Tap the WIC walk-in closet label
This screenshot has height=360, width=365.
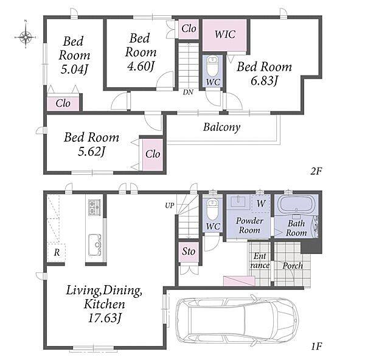click(x=225, y=35)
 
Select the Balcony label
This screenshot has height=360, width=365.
click(x=221, y=127)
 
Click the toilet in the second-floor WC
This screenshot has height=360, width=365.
click(x=212, y=66)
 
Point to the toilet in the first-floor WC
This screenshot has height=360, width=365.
click(x=212, y=209)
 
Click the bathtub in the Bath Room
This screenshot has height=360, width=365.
click(x=296, y=204)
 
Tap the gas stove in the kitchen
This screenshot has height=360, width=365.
click(x=94, y=207)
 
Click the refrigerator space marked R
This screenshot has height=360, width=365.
click(x=57, y=253)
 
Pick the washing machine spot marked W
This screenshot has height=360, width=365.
click(x=261, y=203)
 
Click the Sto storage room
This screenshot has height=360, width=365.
click(x=189, y=252)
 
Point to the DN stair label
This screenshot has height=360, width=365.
click(x=188, y=93)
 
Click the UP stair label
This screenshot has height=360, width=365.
click(x=170, y=205)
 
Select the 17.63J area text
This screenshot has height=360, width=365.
click(x=105, y=318)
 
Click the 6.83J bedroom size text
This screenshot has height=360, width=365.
click(x=264, y=81)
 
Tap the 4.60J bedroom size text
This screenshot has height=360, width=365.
click(x=141, y=66)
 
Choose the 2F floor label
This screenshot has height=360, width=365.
click(x=316, y=172)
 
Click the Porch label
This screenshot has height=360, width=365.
click(x=293, y=266)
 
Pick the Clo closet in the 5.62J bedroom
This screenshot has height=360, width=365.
click(x=153, y=155)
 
